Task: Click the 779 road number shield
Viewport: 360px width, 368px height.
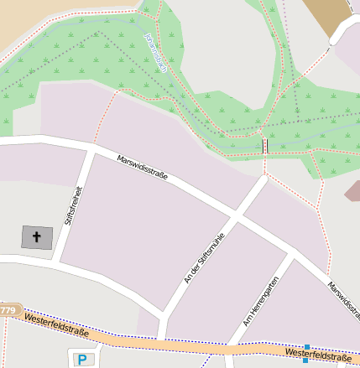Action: coord(8,311)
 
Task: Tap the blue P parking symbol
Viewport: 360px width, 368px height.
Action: coord(82,360)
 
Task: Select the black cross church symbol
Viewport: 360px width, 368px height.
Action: coord(36,237)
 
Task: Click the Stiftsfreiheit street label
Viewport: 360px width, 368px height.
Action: coord(73,205)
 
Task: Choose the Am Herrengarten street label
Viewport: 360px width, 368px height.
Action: coord(260,301)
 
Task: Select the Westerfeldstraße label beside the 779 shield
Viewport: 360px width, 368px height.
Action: coord(55,323)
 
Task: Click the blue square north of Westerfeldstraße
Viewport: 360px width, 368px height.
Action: coord(308,347)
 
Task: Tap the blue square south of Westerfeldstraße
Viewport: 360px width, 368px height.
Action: coord(305,360)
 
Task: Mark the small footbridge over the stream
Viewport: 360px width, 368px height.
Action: coord(266,146)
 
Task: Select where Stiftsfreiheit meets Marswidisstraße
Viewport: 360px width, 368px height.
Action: coord(88,148)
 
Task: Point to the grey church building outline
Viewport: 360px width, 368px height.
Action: coord(36,237)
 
